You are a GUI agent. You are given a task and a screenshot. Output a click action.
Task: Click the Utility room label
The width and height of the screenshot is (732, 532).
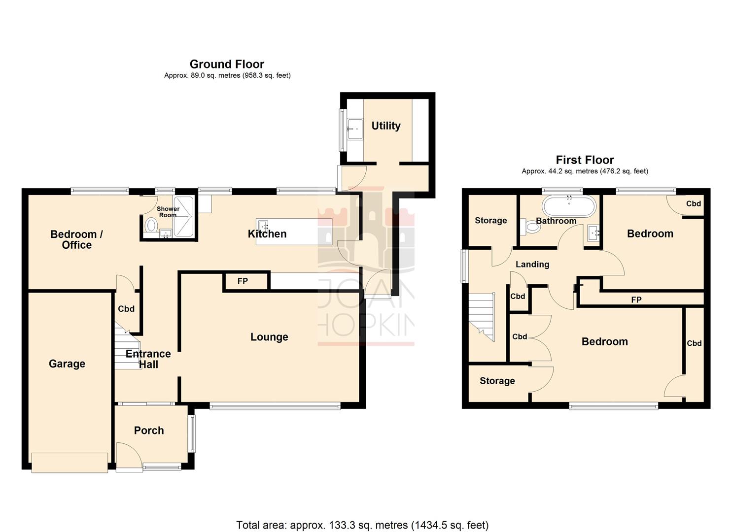(385, 126)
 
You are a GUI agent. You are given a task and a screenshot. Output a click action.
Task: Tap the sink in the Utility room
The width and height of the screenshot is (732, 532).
(354, 129)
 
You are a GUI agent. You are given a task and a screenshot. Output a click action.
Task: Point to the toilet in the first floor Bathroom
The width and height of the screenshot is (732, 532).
(530, 227)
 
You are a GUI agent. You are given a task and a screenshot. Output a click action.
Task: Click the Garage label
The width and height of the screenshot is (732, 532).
(67, 364)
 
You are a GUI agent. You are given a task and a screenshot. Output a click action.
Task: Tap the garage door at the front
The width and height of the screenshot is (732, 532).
(70, 463)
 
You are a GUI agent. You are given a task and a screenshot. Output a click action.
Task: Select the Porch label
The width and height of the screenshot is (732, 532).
(149, 431)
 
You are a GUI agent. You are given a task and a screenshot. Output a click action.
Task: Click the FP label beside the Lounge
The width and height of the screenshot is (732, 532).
(243, 281)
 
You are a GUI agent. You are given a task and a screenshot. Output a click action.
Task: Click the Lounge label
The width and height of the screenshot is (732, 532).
(269, 337)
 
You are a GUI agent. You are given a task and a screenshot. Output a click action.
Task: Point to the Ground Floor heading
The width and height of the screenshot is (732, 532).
(227, 64)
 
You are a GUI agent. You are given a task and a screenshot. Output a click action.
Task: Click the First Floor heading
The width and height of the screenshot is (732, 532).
(585, 160)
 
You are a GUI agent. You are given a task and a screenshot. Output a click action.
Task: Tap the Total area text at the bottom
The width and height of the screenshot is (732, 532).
(362, 525)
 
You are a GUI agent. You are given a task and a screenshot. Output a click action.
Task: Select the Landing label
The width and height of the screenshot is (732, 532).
(532, 265)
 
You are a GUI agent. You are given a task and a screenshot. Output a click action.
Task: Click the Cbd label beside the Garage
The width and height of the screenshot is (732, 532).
(126, 309)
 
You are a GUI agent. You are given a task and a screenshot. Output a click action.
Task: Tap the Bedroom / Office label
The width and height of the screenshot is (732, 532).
(76, 239)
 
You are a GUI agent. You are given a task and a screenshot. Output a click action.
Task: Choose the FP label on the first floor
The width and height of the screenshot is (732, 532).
(636, 299)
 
